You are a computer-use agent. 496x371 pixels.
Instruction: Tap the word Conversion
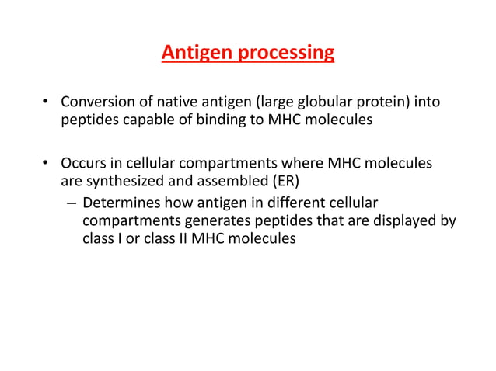pos(96,103)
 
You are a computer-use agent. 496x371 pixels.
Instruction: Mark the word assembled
pos(236,182)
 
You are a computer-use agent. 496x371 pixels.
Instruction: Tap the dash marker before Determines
pos(70,203)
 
